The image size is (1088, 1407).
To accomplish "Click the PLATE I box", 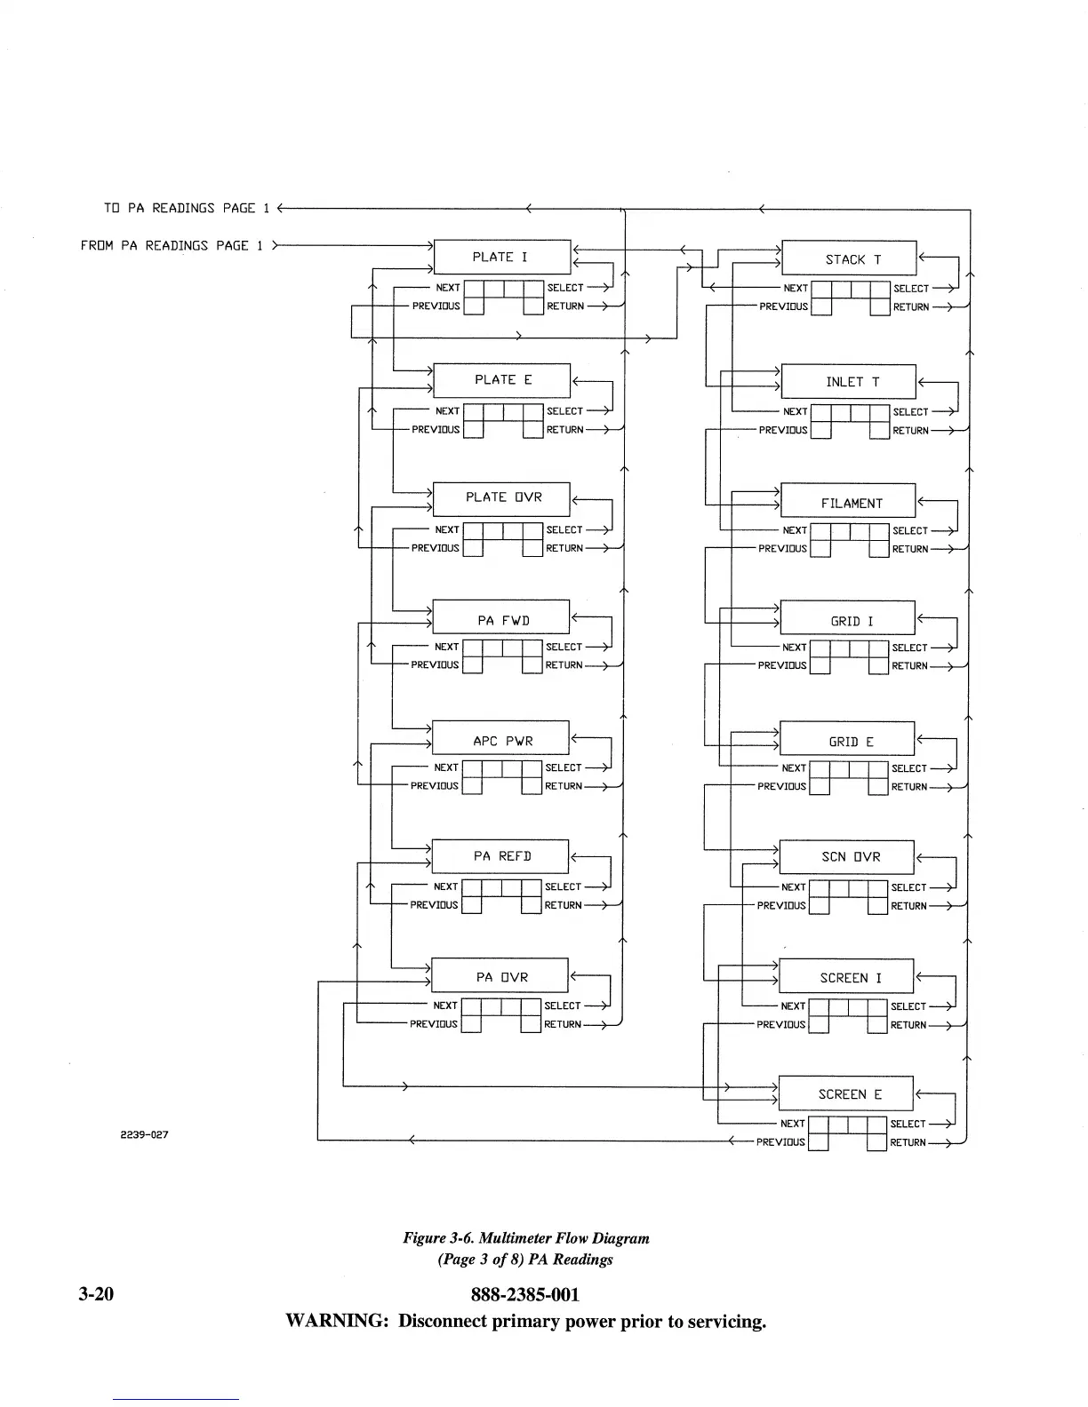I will pos(501,257).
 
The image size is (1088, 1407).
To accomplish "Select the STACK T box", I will pos(849,258).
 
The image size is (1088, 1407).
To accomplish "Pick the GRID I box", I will pos(847,619).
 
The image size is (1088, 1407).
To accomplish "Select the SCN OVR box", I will pos(846,856).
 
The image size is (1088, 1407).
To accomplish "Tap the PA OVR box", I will pos(500,975).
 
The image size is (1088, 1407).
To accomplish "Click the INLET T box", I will pos(849,381).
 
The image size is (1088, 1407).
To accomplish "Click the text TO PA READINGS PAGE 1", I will pos(180,208).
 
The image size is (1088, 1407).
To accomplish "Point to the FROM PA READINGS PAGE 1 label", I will pos(172,245).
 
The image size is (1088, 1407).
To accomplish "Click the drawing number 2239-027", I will pos(144,1134).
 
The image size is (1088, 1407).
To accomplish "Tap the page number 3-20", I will pos(95,1294).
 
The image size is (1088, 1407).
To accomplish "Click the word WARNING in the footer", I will pos(337,1321).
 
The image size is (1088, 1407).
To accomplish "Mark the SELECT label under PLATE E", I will pos(564,411).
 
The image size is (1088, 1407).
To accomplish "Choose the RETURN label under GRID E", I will pos(908,787).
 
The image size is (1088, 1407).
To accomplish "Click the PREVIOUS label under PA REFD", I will pos(434,905).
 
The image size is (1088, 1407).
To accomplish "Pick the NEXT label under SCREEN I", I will pos(793,1006).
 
